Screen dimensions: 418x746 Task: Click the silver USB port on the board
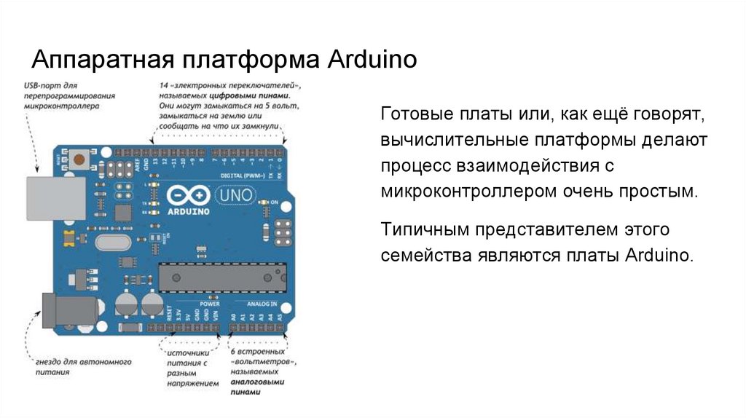[x=47, y=196]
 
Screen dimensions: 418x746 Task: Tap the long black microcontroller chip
[x=221, y=276]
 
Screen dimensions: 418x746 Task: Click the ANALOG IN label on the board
[x=261, y=303]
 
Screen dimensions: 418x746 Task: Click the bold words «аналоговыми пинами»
[x=257, y=386]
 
